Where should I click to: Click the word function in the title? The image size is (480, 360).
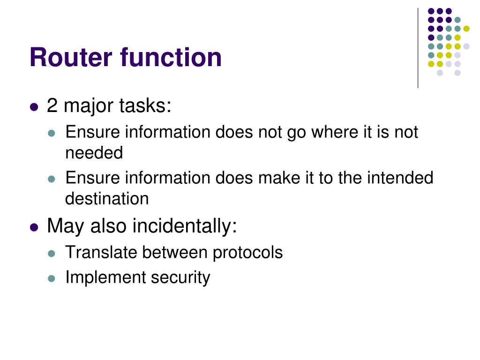(171, 58)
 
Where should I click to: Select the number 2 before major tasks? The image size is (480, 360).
(52, 106)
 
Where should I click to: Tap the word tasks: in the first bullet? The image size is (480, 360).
(145, 106)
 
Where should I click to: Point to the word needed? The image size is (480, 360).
(94, 153)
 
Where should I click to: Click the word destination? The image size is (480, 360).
(107, 199)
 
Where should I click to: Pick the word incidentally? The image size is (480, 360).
(185, 226)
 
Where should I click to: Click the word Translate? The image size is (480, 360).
(101, 253)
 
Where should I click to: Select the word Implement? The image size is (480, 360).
(105, 277)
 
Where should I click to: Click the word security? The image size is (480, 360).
(180, 278)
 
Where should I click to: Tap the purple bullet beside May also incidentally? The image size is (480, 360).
(33, 227)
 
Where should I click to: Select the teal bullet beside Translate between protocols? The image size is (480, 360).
(52, 254)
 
